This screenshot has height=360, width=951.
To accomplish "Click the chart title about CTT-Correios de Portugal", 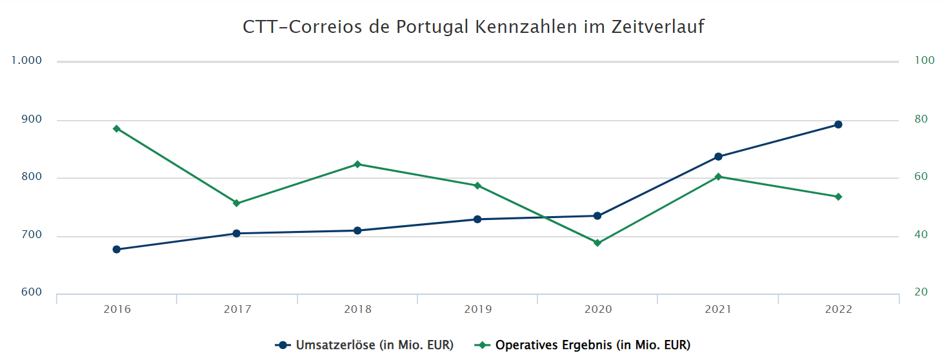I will click(474, 27).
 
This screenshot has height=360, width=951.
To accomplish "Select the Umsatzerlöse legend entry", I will click(365, 345).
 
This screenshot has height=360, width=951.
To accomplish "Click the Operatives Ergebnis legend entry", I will click(583, 345).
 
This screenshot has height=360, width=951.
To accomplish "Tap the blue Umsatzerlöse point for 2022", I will click(838, 125).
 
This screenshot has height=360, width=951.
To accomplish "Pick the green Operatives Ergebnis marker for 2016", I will click(117, 129).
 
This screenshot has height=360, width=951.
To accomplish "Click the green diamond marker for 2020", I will click(597, 243).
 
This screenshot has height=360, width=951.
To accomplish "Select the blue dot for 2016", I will click(117, 249).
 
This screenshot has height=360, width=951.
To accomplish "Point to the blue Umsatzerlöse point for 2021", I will click(718, 157).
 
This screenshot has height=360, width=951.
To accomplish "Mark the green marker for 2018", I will click(357, 164).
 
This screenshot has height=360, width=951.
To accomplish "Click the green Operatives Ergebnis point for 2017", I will click(237, 203).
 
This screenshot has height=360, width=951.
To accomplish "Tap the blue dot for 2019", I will click(477, 219).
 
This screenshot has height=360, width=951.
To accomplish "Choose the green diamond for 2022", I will click(838, 197).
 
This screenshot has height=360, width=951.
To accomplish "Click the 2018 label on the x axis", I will click(357, 310).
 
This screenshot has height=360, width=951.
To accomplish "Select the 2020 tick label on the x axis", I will click(597, 310).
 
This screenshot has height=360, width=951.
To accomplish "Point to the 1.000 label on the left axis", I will click(26, 61).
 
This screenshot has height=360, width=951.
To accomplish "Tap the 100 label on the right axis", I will click(925, 61).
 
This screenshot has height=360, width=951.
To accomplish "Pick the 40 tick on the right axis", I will click(921, 235).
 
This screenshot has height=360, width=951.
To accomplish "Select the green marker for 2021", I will click(718, 177).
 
